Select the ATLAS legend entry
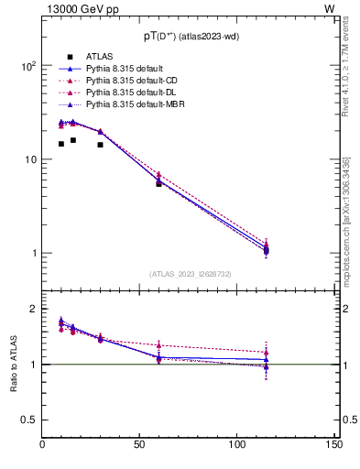98,57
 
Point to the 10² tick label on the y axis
27,66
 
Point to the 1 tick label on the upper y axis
33,254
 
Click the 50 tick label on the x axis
140,445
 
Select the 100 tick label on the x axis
237,445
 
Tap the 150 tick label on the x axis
334,445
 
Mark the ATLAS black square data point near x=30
101,145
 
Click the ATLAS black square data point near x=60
158,184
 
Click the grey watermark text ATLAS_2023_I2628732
189,273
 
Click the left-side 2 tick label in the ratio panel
34,310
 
